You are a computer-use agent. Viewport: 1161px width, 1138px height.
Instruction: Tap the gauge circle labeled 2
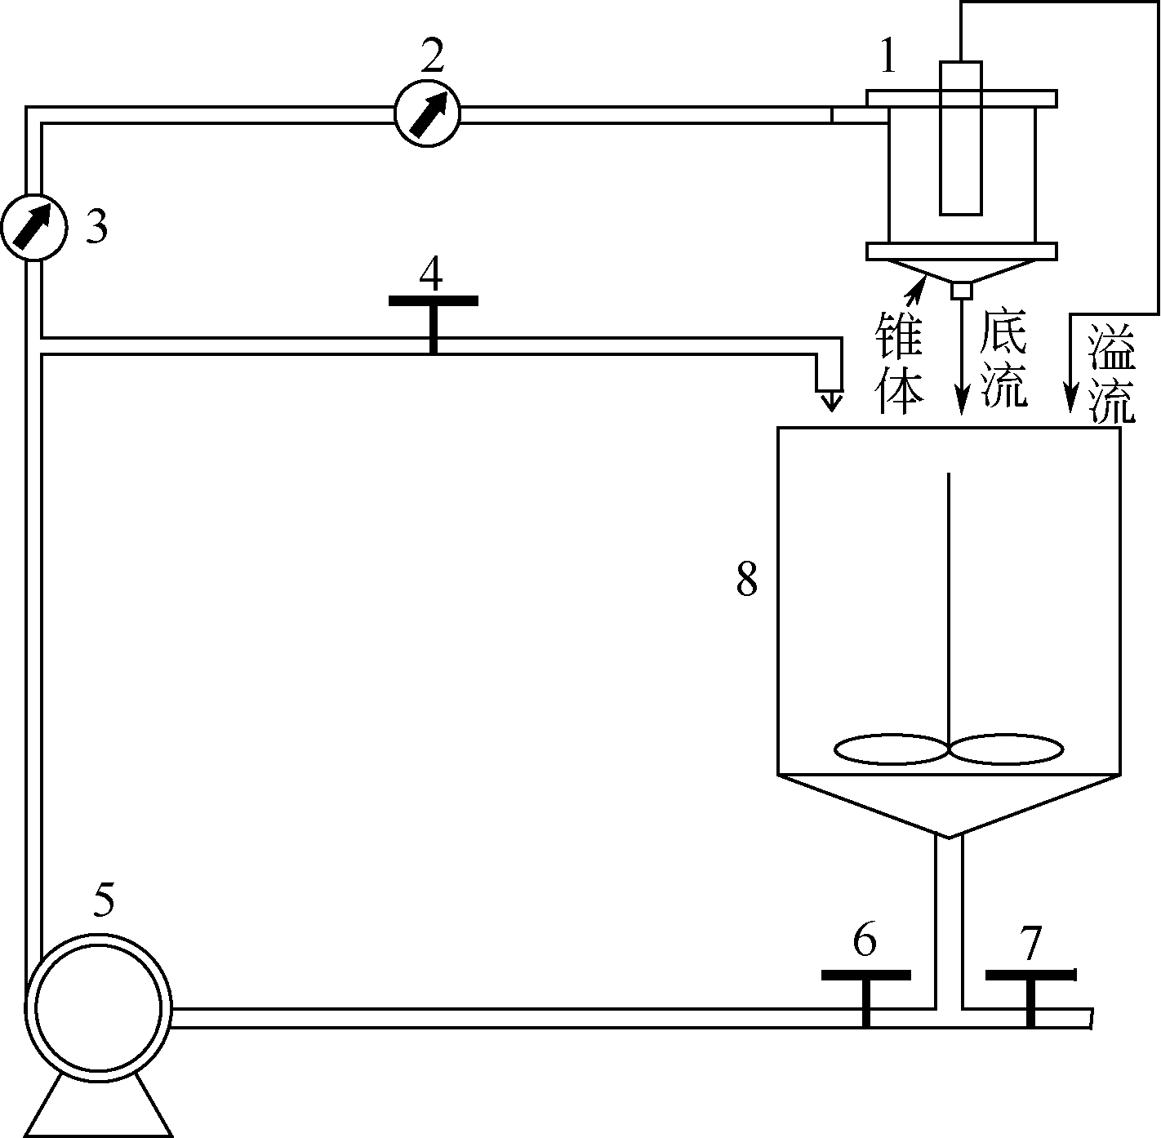[x=427, y=113]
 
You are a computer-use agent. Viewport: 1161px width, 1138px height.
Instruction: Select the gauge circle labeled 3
[x=34, y=227]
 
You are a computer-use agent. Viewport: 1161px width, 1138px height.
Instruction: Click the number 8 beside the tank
[x=746, y=580]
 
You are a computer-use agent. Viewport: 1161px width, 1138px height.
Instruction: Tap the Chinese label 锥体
[x=899, y=362]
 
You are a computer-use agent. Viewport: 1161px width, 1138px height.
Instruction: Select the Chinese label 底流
[x=1003, y=358]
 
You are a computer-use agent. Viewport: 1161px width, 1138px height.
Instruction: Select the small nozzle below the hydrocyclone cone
[x=962, y=291]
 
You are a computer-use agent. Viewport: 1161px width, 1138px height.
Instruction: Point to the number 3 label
[x=96, y=227]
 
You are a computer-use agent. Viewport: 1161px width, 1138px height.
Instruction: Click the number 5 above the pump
[x=104, y=899]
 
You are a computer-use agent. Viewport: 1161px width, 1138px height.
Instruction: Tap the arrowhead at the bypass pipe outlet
[x=831, y=401]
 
